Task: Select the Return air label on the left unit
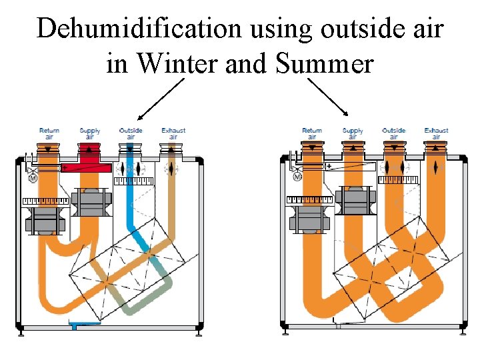49,133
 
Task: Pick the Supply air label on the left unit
90,133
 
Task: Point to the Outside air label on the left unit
131,133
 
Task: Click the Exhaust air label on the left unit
173,133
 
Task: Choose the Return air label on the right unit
312,133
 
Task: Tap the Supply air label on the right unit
353,133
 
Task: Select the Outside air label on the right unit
394,133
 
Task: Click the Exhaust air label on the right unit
436,133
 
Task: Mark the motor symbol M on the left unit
33,178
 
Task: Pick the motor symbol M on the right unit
296,177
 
